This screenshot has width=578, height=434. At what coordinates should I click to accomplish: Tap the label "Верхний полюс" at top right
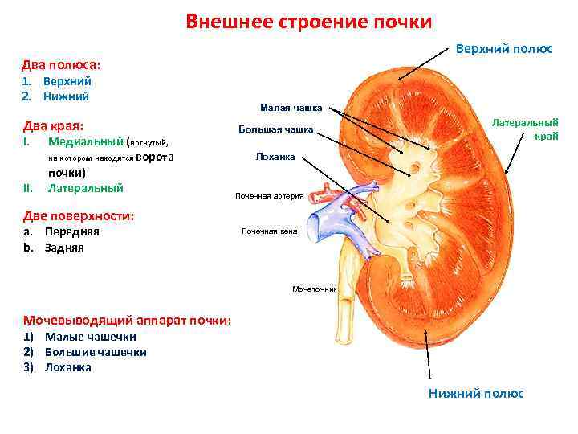(x=503, y=48)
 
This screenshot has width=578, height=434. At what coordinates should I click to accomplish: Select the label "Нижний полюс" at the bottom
(x=475, y=393)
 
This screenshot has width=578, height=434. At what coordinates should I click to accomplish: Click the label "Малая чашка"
(x=291, y=107)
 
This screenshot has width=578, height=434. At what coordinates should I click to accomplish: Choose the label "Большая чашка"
(x=275, y=130)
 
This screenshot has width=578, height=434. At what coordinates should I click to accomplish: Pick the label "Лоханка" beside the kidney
(x=275, y=157)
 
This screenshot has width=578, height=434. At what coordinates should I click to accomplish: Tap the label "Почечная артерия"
(x=268, y=195)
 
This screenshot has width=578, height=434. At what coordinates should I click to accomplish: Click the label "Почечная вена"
(x=269, y=231)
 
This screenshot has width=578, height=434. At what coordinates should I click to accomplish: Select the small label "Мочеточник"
(x=315, y=288)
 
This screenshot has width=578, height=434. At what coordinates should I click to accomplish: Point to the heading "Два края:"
(x=55, y=125)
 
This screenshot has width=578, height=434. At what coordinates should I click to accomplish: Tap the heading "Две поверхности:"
(x=78, y=215)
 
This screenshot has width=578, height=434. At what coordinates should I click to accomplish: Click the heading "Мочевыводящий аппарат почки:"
(x=127, y=320)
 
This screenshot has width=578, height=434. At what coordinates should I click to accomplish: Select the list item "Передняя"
(x=71, y=231)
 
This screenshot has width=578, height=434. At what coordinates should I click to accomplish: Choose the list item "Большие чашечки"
(x=96, y=352)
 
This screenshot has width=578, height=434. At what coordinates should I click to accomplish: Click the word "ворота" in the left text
(x=155, y=157)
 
